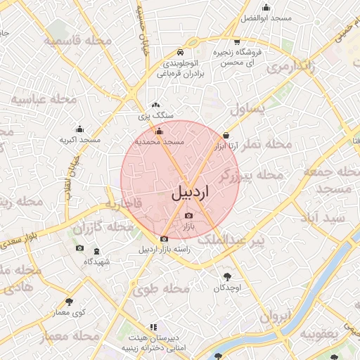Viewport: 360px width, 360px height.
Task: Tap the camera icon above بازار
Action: click(x=188, y=215)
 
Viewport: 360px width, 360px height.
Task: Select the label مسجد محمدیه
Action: click(x=163, y=141)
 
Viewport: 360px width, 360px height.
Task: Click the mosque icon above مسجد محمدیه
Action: click(x=158, y=131)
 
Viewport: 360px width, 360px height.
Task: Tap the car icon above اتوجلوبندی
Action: click(x=181, y=53)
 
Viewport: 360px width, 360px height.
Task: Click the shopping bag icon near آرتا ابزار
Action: click(x=226, y=135)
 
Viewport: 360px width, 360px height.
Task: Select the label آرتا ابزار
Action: click(x=223, y=147)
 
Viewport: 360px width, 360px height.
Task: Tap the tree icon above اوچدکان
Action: click(x=227, y=276)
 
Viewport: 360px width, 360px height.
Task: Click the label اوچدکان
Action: click(x=227, y=288)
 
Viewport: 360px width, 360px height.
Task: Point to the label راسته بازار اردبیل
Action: click(x=164, y=250)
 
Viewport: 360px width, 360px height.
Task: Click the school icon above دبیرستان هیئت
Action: click(x=153, y=328)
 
